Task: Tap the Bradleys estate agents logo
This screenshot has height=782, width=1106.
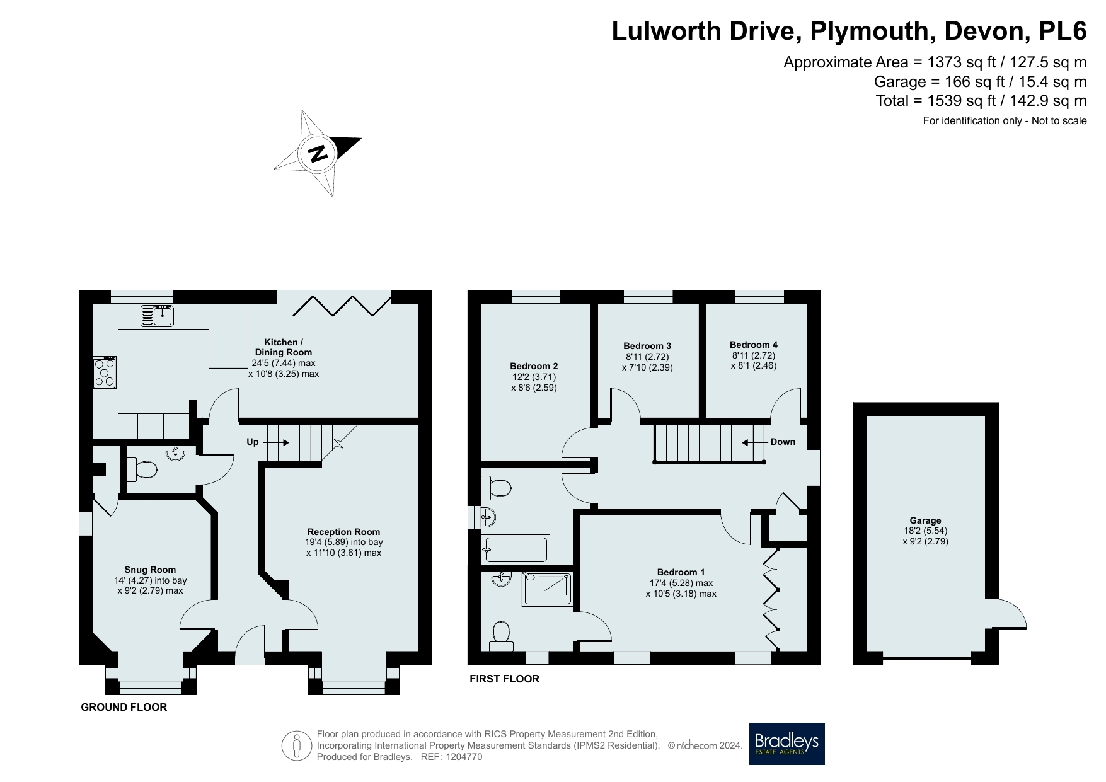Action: pos(786,744)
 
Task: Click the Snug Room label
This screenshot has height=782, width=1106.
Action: pos(150,570)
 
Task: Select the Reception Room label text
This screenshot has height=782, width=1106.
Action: pos(343,532)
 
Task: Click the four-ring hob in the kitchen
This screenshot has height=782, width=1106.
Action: pos(105,372)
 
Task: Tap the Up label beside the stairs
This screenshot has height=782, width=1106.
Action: pos(252,442)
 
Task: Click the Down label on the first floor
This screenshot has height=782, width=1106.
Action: pos(783,442)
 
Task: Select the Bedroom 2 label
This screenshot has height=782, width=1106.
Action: pos(534,366)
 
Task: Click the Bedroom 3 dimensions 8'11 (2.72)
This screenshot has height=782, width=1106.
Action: pos(647,357)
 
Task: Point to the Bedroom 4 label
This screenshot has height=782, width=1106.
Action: pos(754,345)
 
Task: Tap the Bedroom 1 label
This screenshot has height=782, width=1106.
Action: pos(681,572)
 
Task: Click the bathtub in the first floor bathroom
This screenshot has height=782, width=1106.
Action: pos(516,549)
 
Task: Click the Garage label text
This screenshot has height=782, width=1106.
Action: pos(925,520)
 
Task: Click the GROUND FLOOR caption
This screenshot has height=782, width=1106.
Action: pos(124,707)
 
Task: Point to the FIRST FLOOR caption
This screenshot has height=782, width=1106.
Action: pos(504,679)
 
